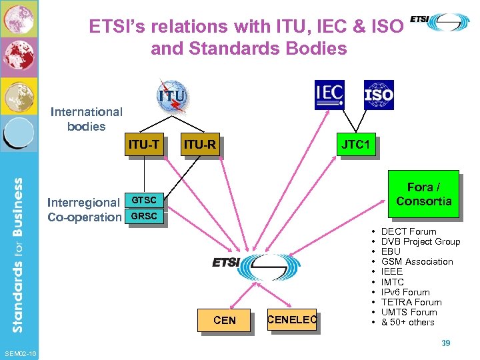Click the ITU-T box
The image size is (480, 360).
tap(144, 143)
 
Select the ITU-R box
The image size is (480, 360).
tap(200, 144)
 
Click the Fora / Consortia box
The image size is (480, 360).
tap(423, 194)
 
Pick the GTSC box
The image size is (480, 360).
tap(143, 200)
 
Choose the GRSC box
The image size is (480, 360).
tap(143, 216)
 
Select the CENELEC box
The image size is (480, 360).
tap(291, 321)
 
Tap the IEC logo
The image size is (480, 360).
tap(329, 95)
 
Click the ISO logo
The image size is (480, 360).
tap(378, 95)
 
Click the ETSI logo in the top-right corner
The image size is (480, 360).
tap(439, 21)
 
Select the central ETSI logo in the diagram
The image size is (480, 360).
tap(246, 265)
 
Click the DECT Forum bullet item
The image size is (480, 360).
tap(408, 231)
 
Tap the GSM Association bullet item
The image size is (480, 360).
tap(417, 262)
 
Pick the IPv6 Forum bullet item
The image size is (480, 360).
tap(405, 292)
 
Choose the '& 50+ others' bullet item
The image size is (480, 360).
tap(407, 323)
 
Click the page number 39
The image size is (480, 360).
tap(446, 343)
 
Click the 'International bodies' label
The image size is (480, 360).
tap(87, 119)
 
